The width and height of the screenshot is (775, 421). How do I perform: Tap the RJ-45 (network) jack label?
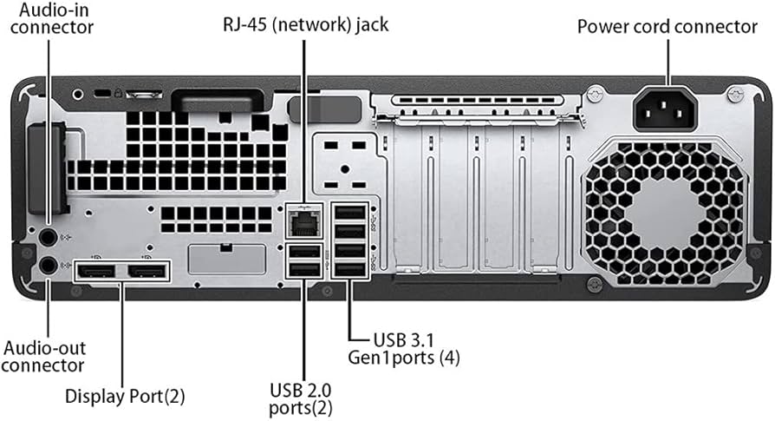click(x=304, y=25)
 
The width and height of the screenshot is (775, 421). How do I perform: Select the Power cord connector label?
click(x=668, y=27)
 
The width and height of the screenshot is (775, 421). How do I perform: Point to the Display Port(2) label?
click(x=125, y=398)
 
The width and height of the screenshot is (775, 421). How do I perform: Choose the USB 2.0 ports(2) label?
click(x=301, y=398)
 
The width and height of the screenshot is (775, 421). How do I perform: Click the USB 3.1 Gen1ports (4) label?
click(x=403, y=347)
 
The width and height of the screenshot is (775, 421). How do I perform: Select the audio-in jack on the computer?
click(x=48, y=236)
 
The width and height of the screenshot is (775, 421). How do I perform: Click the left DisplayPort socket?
click(x=96, y=273)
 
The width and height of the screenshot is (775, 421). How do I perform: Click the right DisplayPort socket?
click(x=147, y=273)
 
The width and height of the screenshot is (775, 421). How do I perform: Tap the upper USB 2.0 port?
click(x=304, y=253)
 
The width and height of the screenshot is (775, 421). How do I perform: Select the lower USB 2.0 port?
click(x=304, y=270)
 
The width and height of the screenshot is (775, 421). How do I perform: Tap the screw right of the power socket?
click(x=735, y=92)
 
